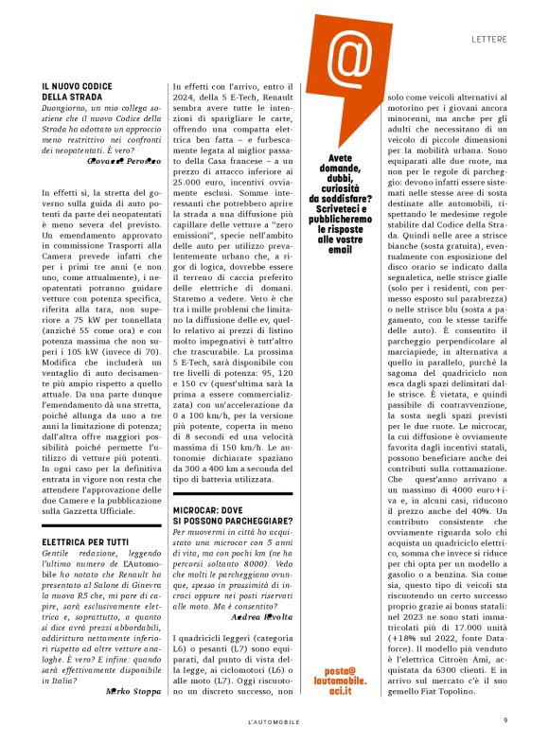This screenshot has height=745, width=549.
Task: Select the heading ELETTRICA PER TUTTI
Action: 84,542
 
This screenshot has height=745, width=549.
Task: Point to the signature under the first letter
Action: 122,162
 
